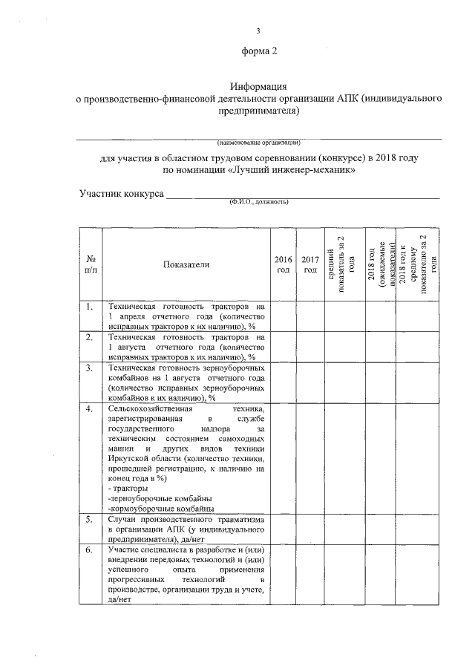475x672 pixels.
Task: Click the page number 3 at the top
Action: [258, 30]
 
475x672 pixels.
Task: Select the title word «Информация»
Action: [258, 87]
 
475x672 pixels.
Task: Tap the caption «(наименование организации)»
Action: [258, 141]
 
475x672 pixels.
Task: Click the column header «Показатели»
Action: [185, 264]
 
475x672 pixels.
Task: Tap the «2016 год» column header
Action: [283, 264]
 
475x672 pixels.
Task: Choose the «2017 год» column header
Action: [309, 264]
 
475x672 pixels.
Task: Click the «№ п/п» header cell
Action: [90, 264]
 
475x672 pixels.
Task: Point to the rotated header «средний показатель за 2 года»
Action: [338, 264]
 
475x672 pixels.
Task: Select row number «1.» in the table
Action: [89, 307]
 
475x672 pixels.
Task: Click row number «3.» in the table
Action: [89, 368]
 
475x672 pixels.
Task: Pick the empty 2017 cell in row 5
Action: [309, 529]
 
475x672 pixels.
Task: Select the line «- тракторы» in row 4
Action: [128, 488]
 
